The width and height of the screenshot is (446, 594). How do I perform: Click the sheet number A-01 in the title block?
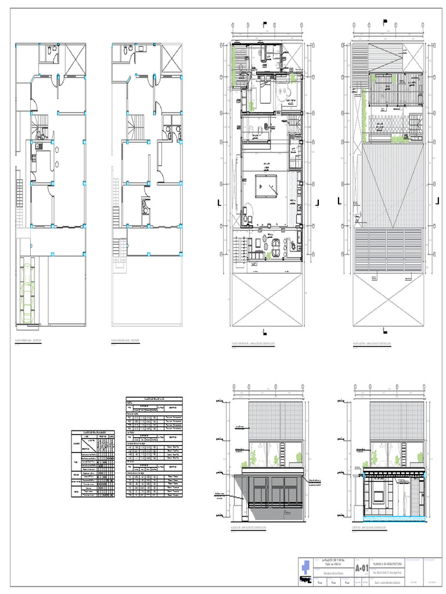click(x=361, y=567)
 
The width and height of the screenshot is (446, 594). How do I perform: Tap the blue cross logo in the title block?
click(x=306, y=567)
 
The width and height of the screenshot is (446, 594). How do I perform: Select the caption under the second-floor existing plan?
click(x=125, y=341)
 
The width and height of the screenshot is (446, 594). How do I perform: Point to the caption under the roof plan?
click(x=372, y=343)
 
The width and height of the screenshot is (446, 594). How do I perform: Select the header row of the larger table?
click(x=154, y=399)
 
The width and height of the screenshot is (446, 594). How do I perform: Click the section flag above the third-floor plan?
click(x=264, y=24)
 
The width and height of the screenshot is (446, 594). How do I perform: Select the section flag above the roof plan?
click(x=384, y=24)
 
